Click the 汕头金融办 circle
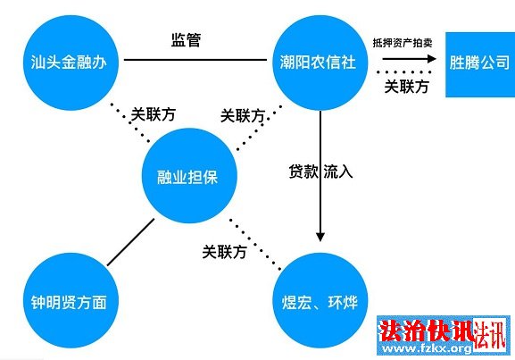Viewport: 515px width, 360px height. click(71, 63)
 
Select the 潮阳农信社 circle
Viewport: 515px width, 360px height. click(320, 63)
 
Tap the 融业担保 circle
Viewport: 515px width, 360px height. click(189, 176)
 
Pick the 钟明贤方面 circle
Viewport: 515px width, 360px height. click(71, 300)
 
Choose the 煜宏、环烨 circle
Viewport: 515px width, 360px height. click(320, 300)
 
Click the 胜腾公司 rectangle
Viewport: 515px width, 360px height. click(480, 64)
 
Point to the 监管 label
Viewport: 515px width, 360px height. click(186, 40)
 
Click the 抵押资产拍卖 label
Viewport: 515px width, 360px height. click(403, 43)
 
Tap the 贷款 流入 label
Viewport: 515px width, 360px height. click(320, 171)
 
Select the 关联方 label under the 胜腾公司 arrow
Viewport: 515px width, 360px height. click(407, 87)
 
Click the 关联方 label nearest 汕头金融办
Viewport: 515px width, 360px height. click(153, 114)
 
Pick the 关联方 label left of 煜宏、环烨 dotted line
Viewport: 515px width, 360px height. click(224, 252)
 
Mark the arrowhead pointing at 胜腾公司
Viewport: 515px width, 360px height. click(431, 59)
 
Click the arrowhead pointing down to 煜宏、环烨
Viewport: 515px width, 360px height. click(320, 237)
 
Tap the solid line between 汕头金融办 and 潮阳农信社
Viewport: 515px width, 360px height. click(195, 60)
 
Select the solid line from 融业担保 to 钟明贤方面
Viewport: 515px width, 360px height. click(130, 242)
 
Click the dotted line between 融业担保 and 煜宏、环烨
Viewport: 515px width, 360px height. click(255, 245)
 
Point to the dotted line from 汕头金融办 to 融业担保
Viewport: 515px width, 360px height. click(130, 123)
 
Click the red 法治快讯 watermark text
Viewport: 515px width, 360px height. click(426, 331)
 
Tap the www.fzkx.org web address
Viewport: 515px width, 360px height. click(427, 347)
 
